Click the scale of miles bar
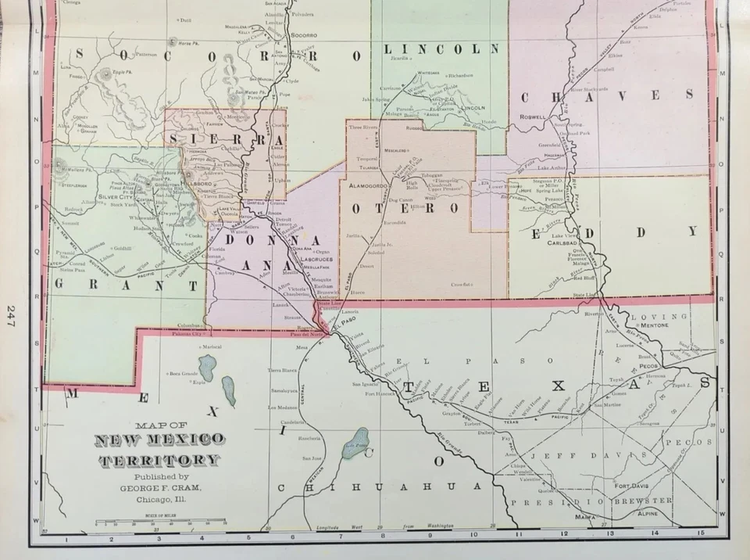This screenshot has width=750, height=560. pos(160,522)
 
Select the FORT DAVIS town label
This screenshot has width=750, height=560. pos(631,483)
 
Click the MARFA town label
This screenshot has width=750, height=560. pos(579,517)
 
